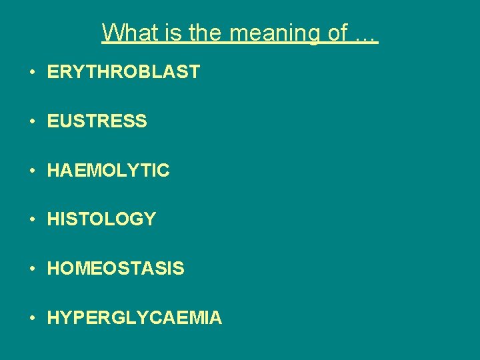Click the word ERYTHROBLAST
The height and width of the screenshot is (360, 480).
click(123, 72)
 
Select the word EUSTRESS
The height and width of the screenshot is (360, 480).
click(97, 121)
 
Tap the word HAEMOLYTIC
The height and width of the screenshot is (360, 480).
click(108, 171)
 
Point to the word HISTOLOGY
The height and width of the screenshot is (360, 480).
click(101, 219)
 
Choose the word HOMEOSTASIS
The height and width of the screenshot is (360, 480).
click(115, 269)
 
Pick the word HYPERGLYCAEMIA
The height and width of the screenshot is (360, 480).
click(134, 318)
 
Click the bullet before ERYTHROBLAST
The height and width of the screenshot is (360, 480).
click(33, 73)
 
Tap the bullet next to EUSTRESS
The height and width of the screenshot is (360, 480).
click(33, 122)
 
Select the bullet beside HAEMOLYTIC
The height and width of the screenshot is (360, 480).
click(33, 171)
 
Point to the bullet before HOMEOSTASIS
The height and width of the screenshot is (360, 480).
click(33, 269)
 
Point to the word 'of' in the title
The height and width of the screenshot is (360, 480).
click(337, 32)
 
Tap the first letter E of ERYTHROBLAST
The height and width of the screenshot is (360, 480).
click(53, 72)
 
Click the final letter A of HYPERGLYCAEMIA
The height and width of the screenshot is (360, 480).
click(215, 318)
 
